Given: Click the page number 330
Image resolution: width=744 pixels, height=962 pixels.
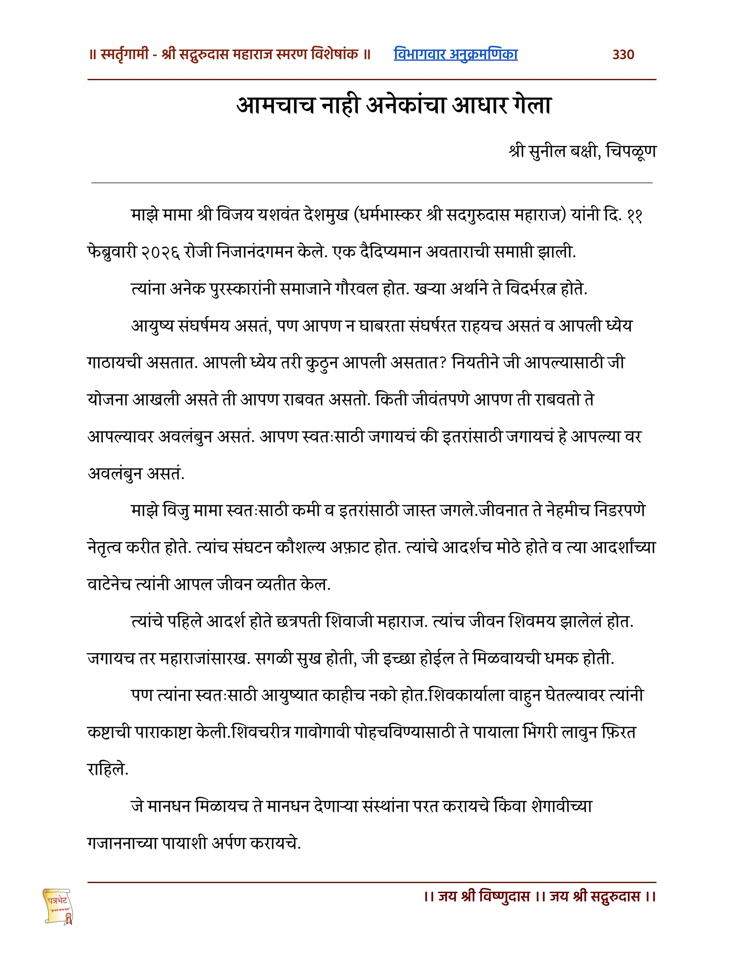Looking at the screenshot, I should click(623, 55).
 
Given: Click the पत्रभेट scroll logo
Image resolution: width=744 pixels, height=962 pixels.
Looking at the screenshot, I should click(58, 906).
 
